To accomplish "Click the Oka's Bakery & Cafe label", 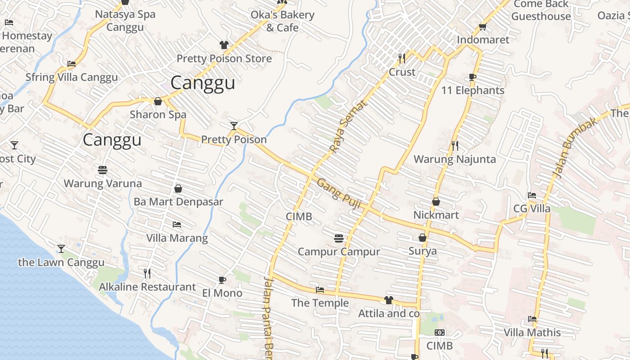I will (282, 21).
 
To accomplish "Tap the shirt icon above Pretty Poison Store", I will (224, 45).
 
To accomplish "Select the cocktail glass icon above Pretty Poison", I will (234, 126).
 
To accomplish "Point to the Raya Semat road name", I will (348, 126).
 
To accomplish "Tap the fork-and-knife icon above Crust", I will (402, 58).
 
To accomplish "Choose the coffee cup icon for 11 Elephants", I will (472, 77).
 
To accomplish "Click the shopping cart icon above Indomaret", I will (483, 27).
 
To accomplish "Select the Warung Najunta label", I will (454, 159).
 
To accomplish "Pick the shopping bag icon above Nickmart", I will (436, 202).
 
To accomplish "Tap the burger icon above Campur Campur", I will (339, 238).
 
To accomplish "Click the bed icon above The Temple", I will (320, 290).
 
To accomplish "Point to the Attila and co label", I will (389, 314).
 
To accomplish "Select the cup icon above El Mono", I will (222, 280).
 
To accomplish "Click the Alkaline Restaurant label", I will (147, 287).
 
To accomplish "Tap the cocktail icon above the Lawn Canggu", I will (61, 248).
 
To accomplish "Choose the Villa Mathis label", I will (532, 333).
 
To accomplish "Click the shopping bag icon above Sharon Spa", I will (158, 101).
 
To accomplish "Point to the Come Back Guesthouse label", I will (541, 10).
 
